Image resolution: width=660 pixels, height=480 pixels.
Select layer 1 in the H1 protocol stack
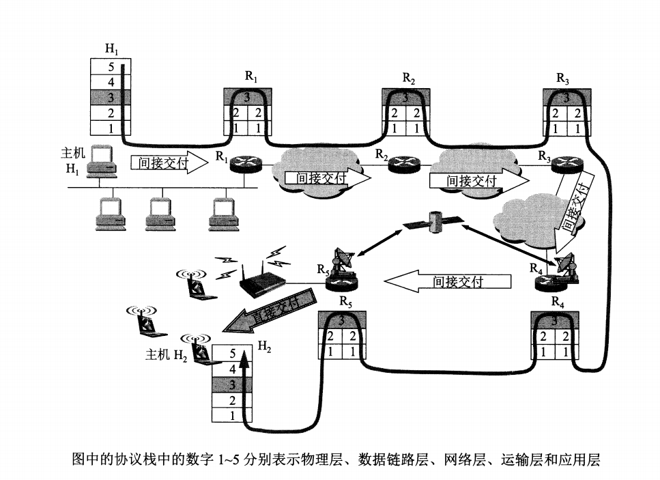[111, 128]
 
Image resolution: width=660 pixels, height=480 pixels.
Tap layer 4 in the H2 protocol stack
[232, 369]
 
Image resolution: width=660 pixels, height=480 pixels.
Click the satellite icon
[433, 222]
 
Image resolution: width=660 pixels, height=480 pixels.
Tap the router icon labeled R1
[242, 164]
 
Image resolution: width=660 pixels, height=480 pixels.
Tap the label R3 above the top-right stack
[562, 79]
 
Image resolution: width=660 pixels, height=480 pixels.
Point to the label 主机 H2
[167, 356]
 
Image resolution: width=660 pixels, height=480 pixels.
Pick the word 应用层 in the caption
[583, 460]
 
